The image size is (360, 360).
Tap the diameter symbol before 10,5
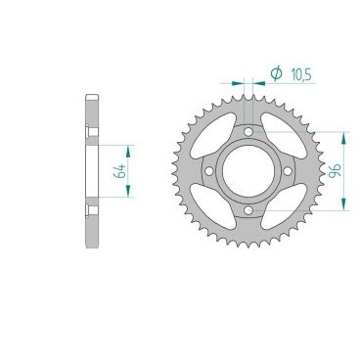coord(274,73)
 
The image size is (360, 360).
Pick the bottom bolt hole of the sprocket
coord(248,209)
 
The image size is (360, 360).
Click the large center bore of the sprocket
coord(248,170)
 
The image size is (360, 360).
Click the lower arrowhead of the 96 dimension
coord(343,204)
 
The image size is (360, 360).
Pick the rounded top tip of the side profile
coord(92,96)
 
